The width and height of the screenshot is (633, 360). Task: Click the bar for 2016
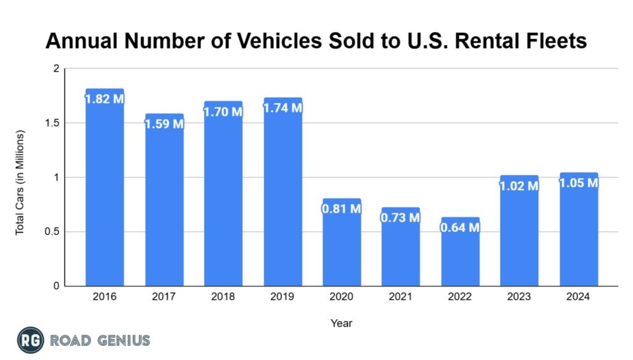[104, 192]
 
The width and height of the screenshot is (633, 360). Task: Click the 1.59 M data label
[164, 123]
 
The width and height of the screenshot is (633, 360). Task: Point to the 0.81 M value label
[341, 208]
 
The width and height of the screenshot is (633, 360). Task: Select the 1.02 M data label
[519, 185]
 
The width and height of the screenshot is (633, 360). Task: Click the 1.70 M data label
[223, 111]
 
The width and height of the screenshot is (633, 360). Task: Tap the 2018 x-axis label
[223, 297]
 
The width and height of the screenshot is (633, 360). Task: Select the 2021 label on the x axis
[401, 297]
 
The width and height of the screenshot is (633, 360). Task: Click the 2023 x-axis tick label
[519, 297]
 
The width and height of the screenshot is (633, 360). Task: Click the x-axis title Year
[341, 323]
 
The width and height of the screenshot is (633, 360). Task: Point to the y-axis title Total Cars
[20, 182]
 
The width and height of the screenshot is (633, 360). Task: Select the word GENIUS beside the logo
[121, 340]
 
